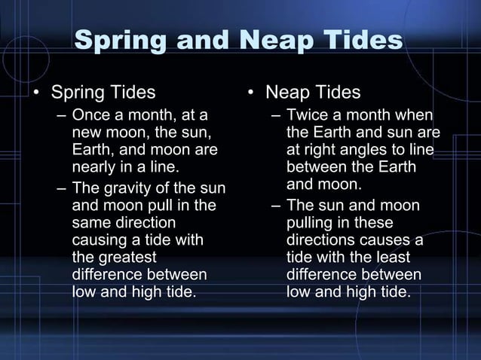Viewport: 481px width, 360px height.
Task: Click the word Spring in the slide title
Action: pos(123,41)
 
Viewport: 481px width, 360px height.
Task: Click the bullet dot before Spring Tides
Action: pos(35,94)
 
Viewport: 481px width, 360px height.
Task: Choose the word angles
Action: pos(358,151)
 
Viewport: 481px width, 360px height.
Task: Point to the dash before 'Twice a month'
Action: pos(276,116)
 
